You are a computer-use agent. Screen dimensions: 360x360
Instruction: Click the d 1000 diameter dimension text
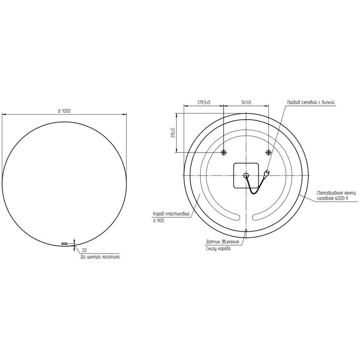coord(64,111)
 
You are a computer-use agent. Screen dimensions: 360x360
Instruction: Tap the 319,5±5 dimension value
coord(204,102)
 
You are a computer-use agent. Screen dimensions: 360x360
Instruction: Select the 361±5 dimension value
coord(246,102)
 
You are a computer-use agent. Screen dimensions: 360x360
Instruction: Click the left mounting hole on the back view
coord(223,152)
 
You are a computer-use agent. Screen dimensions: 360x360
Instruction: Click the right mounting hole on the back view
coord(268,152)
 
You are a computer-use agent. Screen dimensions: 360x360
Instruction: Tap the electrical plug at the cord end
coord(267,173)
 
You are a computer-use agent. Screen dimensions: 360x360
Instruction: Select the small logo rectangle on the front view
coord(64,244)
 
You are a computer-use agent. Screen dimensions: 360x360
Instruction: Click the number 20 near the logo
coord(84,250)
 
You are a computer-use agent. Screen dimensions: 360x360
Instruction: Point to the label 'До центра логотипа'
coord(100,257)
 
